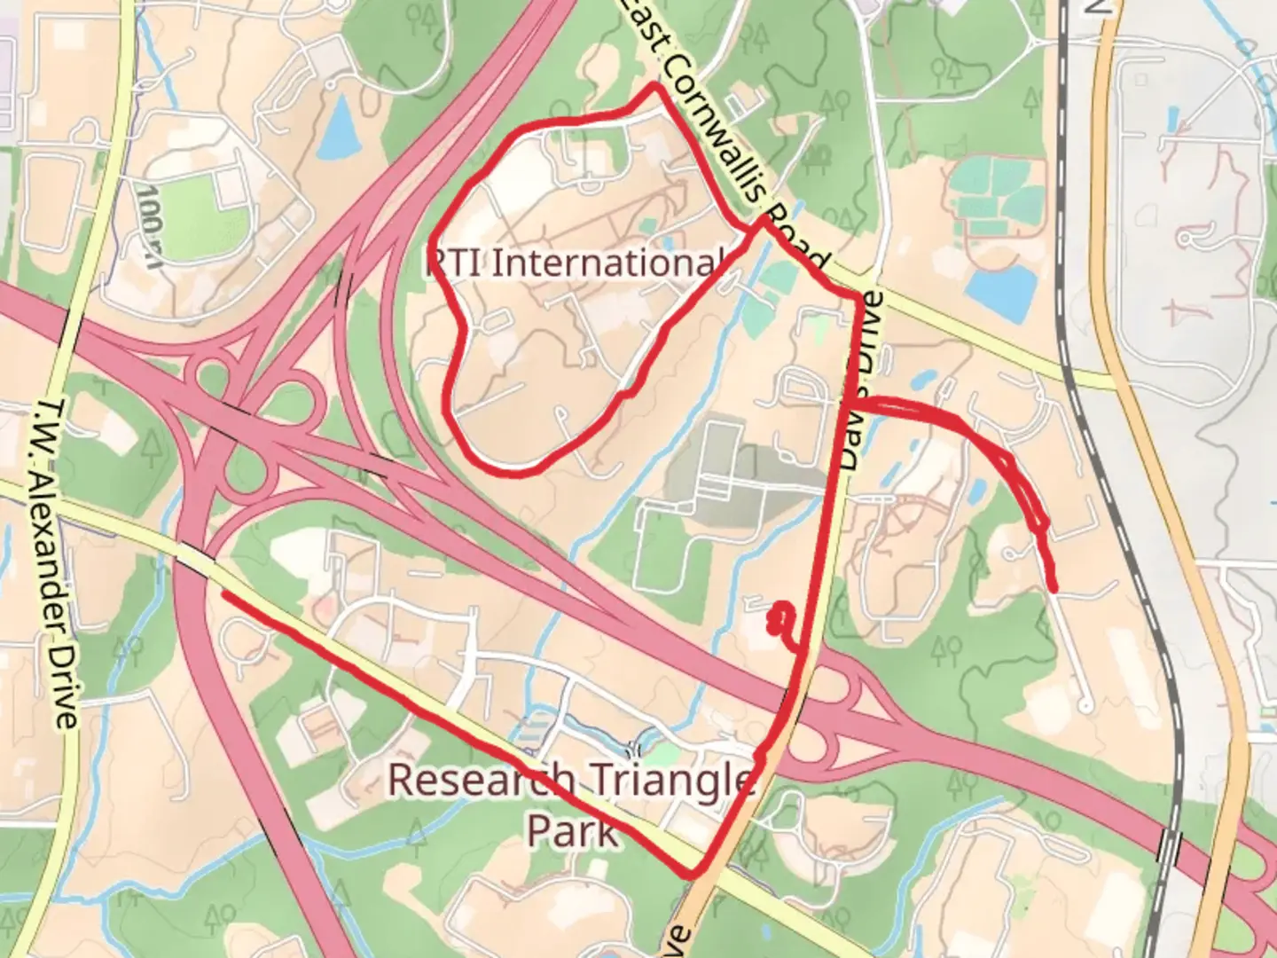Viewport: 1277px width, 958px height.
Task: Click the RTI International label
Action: click(x=575, y=263)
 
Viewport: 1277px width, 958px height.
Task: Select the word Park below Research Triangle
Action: click(x=572, y=832)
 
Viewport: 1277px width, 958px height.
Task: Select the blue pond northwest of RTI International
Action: click(x=336, y=124)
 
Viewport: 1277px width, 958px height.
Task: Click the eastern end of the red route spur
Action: click(x=1054, y=588)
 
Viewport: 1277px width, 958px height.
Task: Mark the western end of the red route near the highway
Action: click(x=223, y=594)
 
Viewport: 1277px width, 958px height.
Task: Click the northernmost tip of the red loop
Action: click(x=654, y=85)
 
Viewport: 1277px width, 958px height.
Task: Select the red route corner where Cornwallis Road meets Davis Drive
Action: click(x=858, y=295)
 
